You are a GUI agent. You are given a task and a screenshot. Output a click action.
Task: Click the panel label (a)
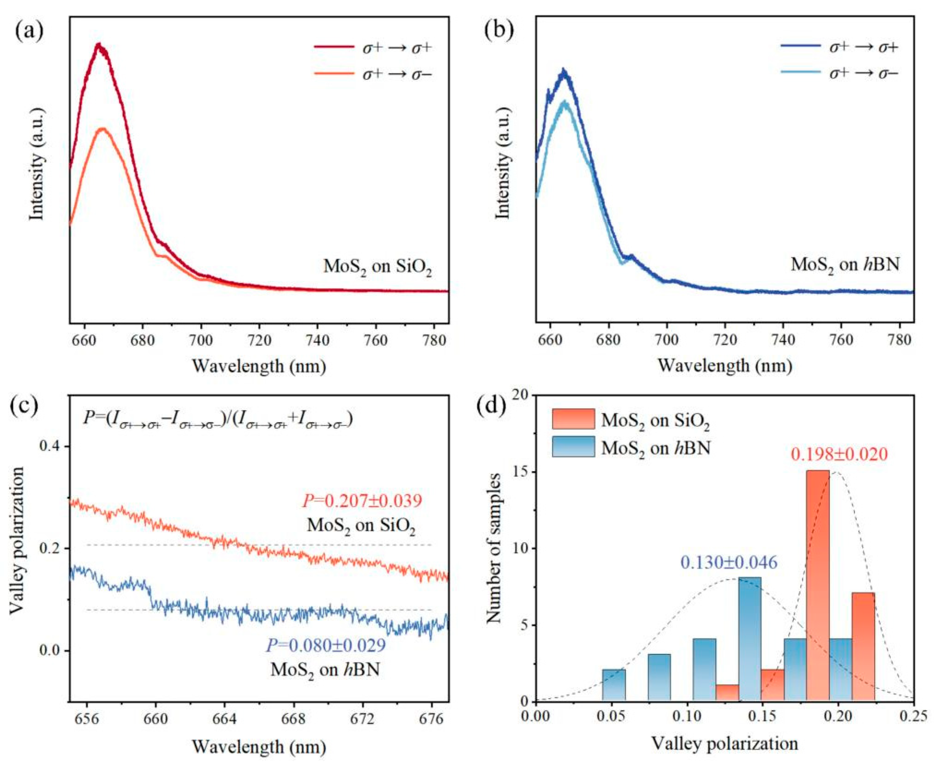29,32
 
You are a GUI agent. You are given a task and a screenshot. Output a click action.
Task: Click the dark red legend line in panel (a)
333,46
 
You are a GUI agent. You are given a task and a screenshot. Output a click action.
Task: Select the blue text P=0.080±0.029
326,645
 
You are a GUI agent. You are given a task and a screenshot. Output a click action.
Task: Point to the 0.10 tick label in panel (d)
686,717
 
